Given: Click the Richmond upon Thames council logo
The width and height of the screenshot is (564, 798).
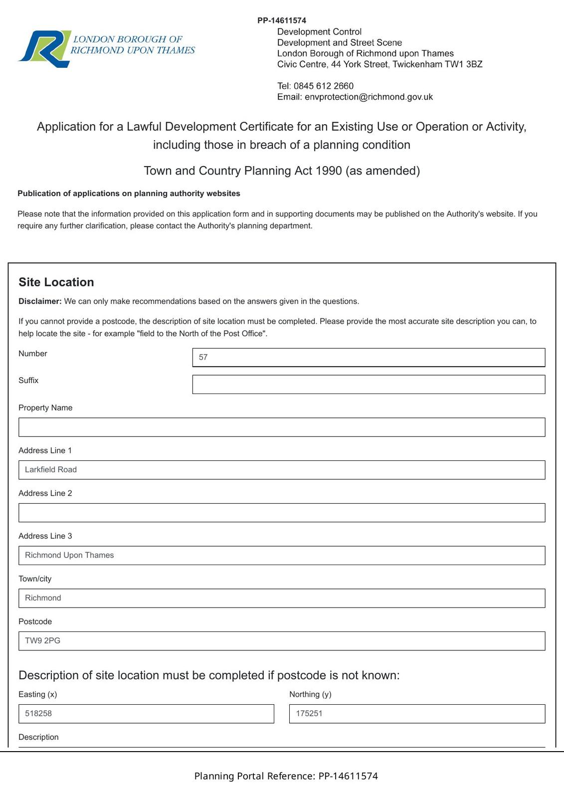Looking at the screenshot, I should (106, 48).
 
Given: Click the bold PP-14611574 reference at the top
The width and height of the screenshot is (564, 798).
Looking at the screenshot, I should (282, 20).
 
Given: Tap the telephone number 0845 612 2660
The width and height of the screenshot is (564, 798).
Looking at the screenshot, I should (323, 86).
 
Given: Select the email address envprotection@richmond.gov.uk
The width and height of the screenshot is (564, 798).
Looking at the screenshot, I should (369, 97).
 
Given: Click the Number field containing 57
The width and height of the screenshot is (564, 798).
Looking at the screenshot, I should (369, 357).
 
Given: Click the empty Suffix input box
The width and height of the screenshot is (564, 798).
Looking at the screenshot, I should (369, 385).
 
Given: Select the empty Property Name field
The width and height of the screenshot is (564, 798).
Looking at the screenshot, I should (282, 427).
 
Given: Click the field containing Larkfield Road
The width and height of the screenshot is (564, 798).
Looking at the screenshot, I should (282, 470).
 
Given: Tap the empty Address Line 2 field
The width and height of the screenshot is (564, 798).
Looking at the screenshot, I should (282, 513).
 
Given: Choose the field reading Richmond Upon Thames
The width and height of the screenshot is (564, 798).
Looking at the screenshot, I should (282, 556).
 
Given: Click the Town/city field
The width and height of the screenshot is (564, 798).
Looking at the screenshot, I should (282, 598).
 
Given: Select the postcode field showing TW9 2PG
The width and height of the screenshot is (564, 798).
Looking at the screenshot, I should (282, 641).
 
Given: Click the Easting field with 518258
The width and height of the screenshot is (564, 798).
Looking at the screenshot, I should (146, 714).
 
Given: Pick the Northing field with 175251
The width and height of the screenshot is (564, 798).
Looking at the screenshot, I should (417, 714).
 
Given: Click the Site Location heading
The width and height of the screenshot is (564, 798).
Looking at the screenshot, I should (56, 282).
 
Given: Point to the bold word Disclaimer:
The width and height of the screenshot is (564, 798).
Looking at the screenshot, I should (40, 301).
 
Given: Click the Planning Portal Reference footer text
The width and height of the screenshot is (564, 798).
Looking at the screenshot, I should (286, 776).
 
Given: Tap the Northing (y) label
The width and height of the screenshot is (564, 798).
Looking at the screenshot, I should (310, 694).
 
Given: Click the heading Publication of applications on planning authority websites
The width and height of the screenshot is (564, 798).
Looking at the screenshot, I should (129, 194).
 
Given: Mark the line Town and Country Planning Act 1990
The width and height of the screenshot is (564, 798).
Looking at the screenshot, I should (282, 171).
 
